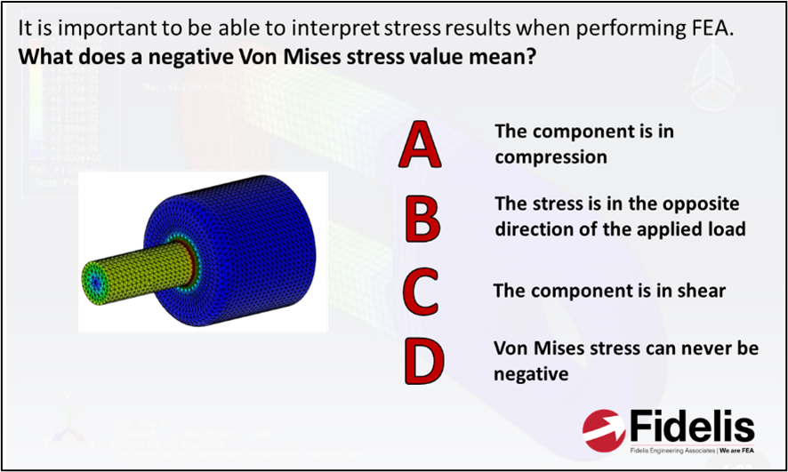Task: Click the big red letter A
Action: [419, 146]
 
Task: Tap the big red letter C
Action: [421, 292]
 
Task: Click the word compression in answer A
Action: [551, 157]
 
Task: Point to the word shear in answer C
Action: [702, 291]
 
